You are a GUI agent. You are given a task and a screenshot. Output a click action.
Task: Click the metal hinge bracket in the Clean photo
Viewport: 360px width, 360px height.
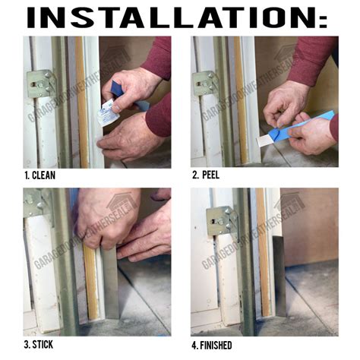pyautogui.click(x=41, y=84)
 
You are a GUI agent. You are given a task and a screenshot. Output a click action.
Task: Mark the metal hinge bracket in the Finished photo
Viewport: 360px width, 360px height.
pyautogui.click(x=219, y=220)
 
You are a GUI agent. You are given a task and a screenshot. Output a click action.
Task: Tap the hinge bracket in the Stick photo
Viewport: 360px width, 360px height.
pyautogui.click(x=33, y=204)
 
